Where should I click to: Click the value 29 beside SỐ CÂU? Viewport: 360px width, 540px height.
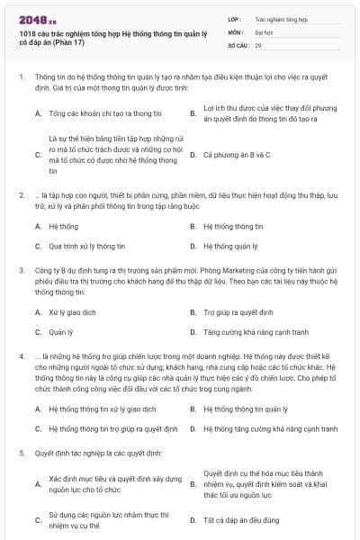pyautogui.click(x=258, y=44)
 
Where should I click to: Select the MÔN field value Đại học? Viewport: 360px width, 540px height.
pyautogui.click(x=265, y=31)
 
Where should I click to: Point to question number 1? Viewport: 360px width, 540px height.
pyautogui.click(x=21, y=78)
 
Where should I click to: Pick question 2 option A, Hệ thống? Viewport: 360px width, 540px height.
pyautogui.click(x=64, y=227)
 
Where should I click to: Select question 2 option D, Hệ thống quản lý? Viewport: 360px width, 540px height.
pyautogui.click(x=232, y=246)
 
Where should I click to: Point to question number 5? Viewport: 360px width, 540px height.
pyautogui.click(x=21, y=454)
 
